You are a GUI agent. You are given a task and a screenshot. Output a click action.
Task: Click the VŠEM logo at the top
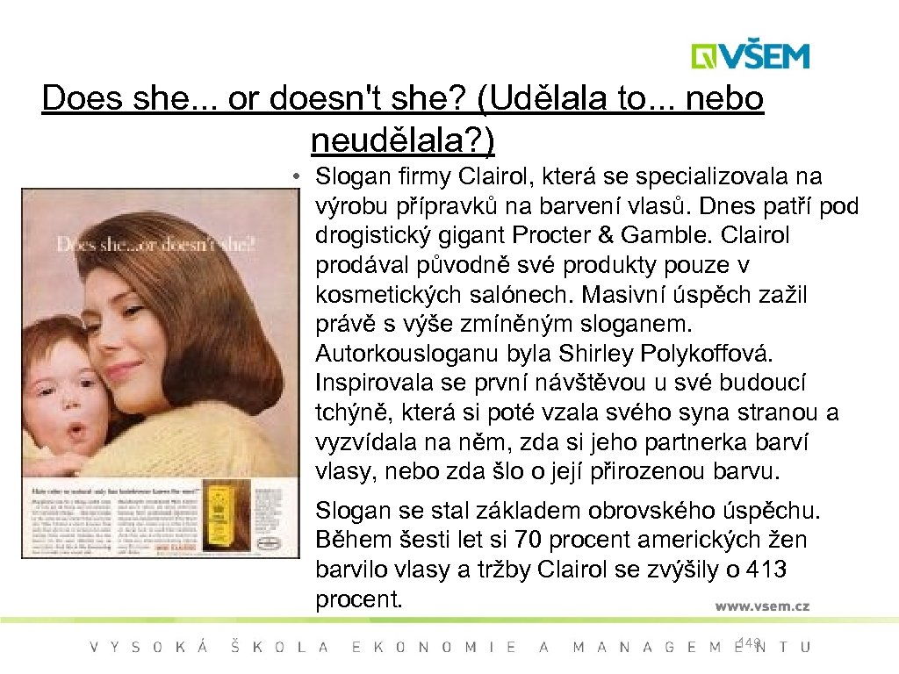tap(750, 56)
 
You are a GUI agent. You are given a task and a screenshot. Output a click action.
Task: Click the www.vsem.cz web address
tap(761, 606)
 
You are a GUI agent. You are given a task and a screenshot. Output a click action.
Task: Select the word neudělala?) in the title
tap(402, 138)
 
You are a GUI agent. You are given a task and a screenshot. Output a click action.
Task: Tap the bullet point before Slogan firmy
tap(299, 177)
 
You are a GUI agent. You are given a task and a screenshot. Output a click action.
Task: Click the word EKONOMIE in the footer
tap(434, 648)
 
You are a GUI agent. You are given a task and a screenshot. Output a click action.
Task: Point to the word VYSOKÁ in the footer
tap(149, 648)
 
